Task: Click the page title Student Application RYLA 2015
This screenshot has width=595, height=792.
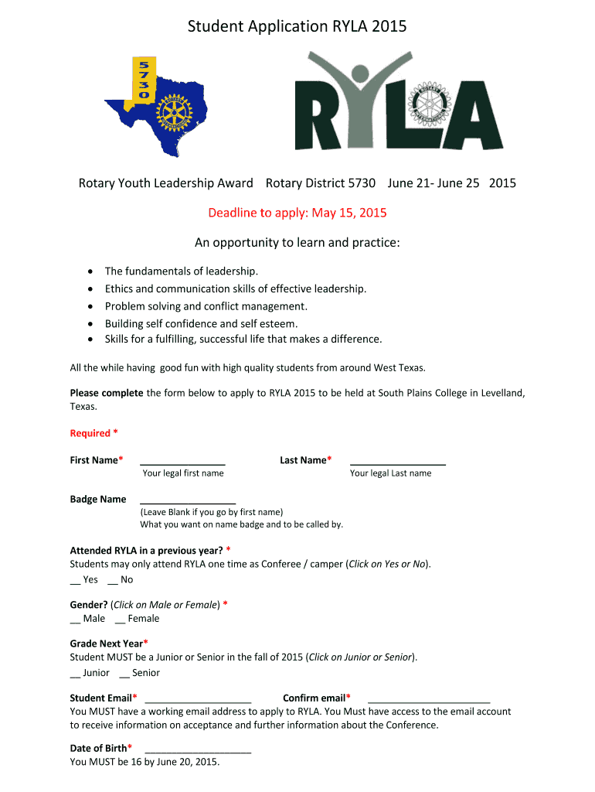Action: (297, 27)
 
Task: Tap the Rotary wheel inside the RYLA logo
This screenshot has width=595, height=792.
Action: (430, 101)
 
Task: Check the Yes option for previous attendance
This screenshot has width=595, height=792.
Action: (84, 579)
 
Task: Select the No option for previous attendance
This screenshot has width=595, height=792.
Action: (121, 579)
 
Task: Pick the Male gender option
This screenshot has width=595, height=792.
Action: (88, 618)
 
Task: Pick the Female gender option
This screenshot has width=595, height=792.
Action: (138, 618)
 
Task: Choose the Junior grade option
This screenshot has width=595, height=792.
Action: (90, 673)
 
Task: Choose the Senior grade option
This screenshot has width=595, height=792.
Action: (140, 673)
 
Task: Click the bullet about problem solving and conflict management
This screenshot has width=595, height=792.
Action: (206, 306)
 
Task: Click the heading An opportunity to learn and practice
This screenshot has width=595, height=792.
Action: (297, 244)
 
